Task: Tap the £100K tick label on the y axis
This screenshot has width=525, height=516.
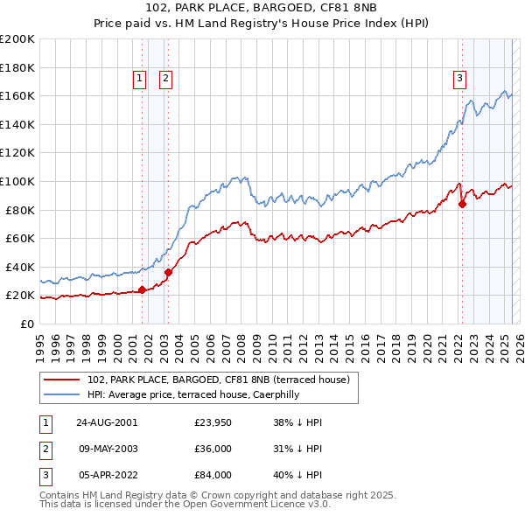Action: (x=17, y=181)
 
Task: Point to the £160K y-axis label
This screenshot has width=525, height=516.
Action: (x=17, y=95)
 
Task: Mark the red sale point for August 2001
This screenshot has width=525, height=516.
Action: (x=142, y=289)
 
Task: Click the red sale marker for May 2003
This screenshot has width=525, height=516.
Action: (x=168, y=272)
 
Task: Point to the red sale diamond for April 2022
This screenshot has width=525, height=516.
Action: (x=461, y=204)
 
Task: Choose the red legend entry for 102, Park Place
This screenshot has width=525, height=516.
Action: (x=219, y=380)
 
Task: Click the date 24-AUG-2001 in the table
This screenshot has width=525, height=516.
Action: (x=107, y=422)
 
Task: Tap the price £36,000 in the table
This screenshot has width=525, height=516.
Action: (x=213, y=449)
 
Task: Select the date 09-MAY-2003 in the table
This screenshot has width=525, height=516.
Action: (x=107, y=449)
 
